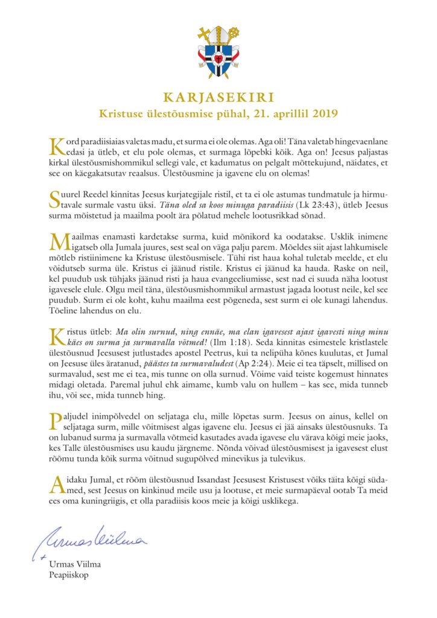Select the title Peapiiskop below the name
click(x=70, y=575)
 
